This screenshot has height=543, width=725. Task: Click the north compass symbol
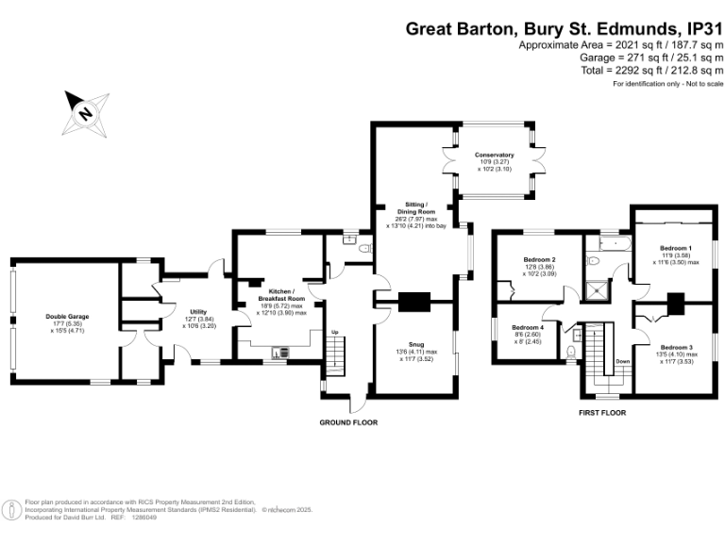86,113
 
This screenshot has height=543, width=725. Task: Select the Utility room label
198,311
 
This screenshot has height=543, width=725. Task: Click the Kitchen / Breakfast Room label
283,292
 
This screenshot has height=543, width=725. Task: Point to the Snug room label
416,346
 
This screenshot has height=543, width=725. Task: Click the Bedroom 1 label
675,247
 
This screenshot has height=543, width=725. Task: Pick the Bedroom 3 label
675,347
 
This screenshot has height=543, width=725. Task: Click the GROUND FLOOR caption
348,422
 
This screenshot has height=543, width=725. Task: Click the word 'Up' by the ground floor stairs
333,333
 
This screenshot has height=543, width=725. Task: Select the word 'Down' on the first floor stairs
622,361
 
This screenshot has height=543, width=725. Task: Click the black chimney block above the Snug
413,303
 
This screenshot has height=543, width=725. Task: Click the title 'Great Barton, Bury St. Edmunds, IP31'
564,28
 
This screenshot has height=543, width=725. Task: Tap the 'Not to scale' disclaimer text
694,86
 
